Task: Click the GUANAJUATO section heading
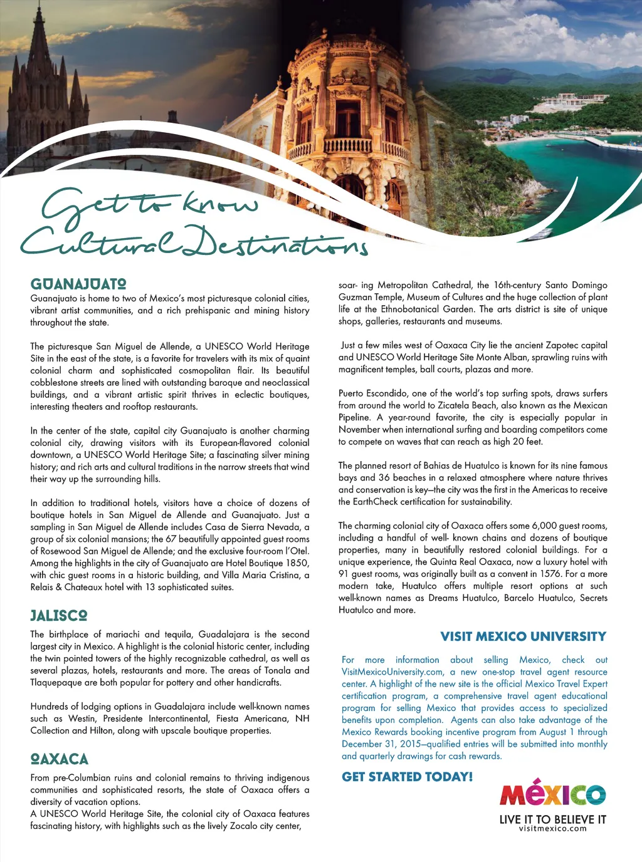click(78, 284)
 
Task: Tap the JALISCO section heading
click(59, 615)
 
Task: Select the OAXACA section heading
click(60, 759)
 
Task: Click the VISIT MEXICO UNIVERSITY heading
click(524, 636)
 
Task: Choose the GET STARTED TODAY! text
click(408, 777)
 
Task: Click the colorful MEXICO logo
click(552, 794)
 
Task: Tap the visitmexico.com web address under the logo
click(552, 829)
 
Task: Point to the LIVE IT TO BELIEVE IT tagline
click(552, 819)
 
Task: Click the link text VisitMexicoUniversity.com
click(392, 672)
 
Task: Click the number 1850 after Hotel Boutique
click(297, 563)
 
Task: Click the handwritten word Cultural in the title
click(100, 241)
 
